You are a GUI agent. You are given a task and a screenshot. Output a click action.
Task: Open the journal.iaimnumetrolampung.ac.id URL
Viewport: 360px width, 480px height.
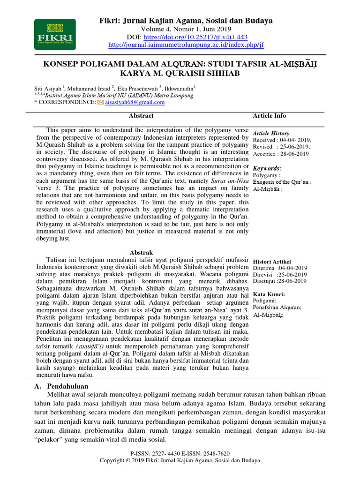tap(186, 45)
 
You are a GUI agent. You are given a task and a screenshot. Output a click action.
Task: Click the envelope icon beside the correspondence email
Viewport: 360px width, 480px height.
tap(100, 102)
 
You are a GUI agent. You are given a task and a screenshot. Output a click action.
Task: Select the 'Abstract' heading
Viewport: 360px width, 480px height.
tap(141, 116)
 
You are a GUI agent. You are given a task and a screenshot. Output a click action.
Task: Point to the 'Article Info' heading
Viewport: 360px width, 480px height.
tap(270, 116)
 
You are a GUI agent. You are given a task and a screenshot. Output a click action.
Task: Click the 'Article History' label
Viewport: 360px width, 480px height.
tap(271, 133)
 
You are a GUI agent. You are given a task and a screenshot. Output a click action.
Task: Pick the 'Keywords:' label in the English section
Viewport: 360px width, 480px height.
tap(267, 168)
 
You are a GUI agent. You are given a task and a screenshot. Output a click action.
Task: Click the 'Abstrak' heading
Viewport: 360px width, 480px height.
tap(141, 253)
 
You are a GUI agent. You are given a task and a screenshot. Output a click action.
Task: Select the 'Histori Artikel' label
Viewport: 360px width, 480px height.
tap(272, 261)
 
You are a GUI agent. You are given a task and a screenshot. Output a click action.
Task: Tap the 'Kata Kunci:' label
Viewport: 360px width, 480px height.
tap(269, 294)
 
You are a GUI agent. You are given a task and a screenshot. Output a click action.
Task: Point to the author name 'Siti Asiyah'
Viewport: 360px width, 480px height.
tap(48, 88)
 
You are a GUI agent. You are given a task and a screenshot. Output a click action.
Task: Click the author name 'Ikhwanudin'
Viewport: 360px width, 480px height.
tap(180, 88)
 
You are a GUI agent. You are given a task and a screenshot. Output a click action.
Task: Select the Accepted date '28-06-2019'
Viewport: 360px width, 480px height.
tap(294, 153)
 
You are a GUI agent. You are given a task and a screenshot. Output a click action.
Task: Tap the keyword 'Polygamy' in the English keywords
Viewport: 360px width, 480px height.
tap(265, 175)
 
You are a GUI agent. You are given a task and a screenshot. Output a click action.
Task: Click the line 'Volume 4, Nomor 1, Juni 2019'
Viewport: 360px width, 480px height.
tap(186, 29)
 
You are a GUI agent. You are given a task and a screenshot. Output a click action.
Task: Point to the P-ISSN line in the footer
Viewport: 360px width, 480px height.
tap(180, 454)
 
